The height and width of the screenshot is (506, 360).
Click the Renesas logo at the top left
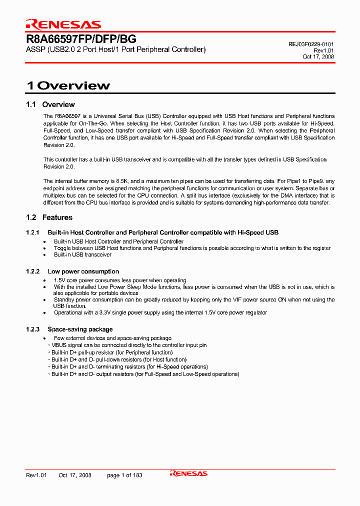coord(63,24)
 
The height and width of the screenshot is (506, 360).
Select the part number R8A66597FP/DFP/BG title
coord(81,39)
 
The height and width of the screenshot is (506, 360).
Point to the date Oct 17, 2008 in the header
coord(318,57)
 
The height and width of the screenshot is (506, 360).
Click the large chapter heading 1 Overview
coord(68,85)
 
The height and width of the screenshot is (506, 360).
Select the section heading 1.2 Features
coord(49,217)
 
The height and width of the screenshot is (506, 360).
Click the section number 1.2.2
coord(32,271)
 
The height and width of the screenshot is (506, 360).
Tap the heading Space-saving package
coord(80,329)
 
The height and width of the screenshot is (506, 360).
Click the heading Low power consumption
coord(83,271)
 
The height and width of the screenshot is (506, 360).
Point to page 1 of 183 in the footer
coord(124,475)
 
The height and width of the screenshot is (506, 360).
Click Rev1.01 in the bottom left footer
coord(36,475)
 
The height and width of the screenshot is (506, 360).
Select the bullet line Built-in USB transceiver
coord(82,254)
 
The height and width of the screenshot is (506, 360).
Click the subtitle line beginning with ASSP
coord(115,49)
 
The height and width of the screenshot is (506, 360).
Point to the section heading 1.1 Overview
coord(50,104)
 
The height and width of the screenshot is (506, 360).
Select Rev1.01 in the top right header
coord(324,50)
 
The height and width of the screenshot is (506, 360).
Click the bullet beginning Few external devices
coord(112,338)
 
